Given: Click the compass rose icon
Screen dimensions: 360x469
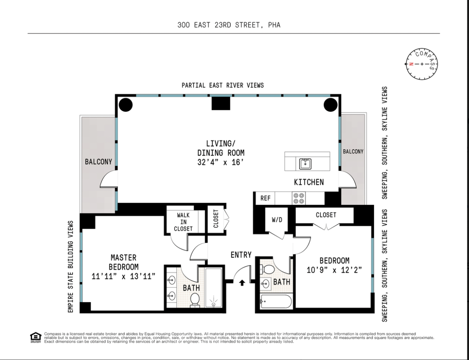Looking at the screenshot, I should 421,64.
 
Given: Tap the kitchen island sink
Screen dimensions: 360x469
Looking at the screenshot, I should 305,164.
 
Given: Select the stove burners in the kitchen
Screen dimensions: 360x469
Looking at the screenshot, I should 299,198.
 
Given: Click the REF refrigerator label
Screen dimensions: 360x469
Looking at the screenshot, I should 265,198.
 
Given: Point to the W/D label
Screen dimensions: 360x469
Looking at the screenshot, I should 277,220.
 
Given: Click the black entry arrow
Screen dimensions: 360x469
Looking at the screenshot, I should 242,283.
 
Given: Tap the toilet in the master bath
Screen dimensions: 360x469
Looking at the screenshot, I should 195,299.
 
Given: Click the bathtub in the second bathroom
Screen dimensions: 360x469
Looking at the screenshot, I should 276,302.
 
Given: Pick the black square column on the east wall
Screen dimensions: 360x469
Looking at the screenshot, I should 221,103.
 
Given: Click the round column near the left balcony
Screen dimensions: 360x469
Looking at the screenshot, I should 125,104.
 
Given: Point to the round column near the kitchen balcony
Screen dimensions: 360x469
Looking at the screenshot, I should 331,104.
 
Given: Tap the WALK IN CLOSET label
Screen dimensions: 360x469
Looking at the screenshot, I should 183,222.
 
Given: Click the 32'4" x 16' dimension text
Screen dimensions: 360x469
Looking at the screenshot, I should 221,162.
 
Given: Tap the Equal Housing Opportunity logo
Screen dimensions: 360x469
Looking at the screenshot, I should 35,337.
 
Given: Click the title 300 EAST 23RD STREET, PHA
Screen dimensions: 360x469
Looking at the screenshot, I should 229,25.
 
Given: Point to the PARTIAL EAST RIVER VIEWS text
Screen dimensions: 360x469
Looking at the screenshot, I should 222,85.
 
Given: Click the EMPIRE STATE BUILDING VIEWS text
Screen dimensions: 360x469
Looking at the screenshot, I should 70,267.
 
